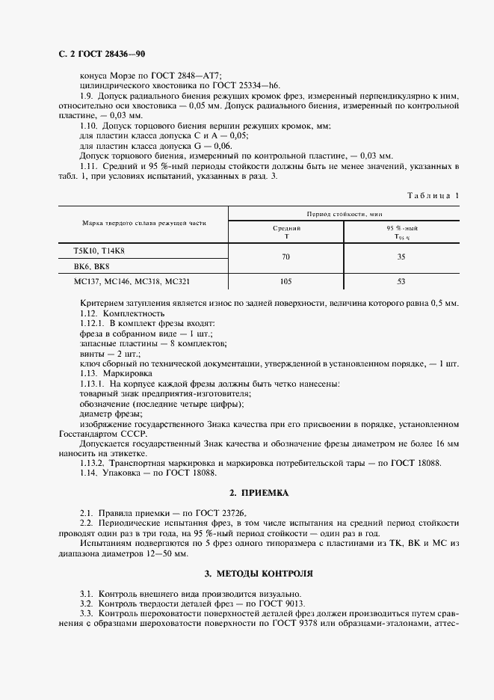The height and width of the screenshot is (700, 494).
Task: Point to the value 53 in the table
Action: [400, 282]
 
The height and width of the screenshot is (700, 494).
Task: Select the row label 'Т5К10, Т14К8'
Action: [99, 251]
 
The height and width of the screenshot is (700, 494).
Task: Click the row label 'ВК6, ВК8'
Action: [91, 266]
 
